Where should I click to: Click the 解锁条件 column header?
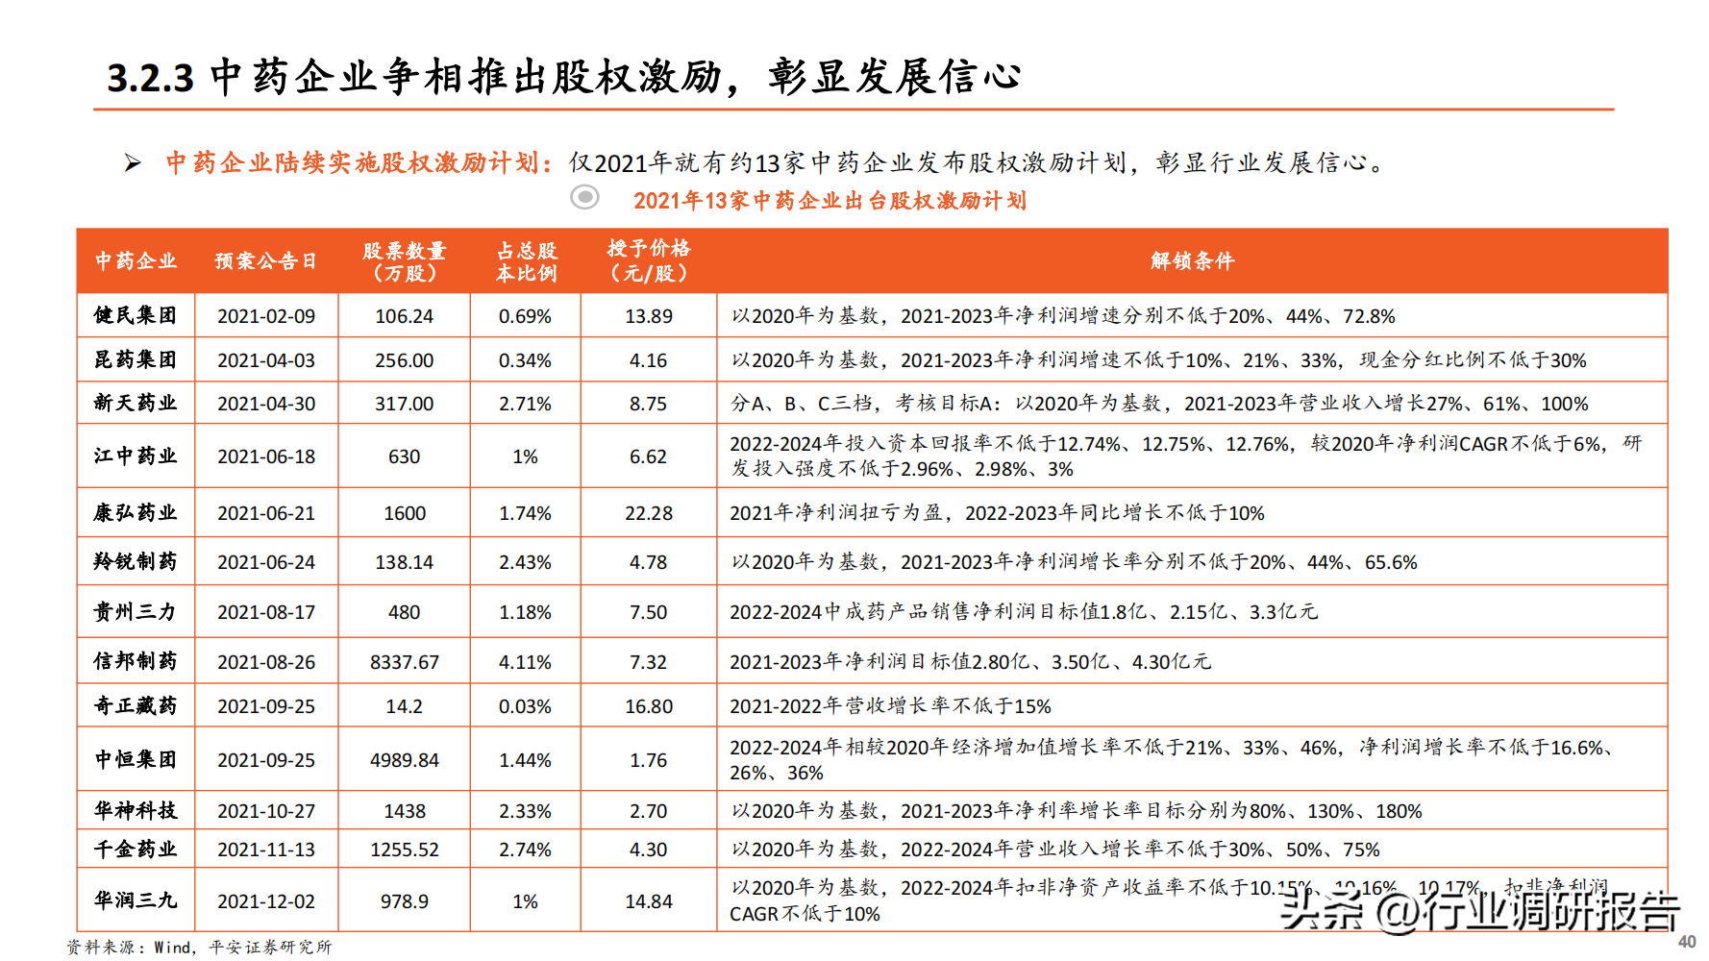(x=1192, y=260)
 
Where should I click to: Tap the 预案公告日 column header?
(x=265, y=260)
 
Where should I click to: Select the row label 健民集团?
(x=136, y=315)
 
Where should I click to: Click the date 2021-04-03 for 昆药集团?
(x=266, y=360)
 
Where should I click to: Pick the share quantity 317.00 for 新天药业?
(x=404, y=404)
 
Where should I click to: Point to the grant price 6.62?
(x=648, y=456)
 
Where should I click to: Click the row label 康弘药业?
(x=136, y=512)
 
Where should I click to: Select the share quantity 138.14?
(x=404, y=562)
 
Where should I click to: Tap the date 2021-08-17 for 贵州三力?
(x=266, y=612)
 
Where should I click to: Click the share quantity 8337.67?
(x=404, y=662)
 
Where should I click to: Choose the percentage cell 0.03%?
(x=525, y=706)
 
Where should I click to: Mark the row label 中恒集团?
(x=136, y=759)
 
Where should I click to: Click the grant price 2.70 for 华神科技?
(x=648, y=811)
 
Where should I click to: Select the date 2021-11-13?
(x=266, y=850)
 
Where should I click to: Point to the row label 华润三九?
(x=136, y=900)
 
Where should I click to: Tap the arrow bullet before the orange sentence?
(x=133, y=163)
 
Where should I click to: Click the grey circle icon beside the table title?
(x=584, y=197)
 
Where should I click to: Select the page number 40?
(x=1686, y=942)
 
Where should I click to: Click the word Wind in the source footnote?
(x=173, y=948)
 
